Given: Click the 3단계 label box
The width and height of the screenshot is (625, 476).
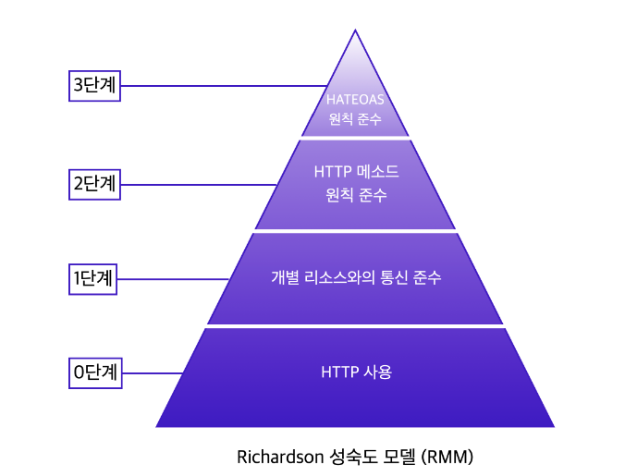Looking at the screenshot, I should point(93,85).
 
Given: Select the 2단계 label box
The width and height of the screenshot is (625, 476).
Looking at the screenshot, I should point(93,183).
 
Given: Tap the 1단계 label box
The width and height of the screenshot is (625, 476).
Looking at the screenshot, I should point(93,278).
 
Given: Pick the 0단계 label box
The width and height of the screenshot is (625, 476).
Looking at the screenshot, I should point(93,372).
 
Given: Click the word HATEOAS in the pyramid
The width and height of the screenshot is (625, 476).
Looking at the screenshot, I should point(355,100).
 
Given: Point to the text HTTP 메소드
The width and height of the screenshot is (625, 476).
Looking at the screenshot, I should point(356,173).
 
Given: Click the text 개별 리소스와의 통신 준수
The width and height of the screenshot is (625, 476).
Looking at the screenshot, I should point(356,277).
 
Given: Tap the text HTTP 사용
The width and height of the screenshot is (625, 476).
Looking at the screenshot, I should point(356,372).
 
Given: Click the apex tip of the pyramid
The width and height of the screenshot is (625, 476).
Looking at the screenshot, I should point(355,32).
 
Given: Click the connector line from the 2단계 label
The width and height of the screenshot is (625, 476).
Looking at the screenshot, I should point(198,184).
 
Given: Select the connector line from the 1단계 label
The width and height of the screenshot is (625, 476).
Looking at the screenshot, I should point(174,278).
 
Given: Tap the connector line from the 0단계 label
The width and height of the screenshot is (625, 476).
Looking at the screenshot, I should point(150,373).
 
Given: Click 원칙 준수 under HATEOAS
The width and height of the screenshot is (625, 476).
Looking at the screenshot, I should point(355,120).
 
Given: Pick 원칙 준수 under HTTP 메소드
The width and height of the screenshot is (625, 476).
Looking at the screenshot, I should point(356,196).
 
